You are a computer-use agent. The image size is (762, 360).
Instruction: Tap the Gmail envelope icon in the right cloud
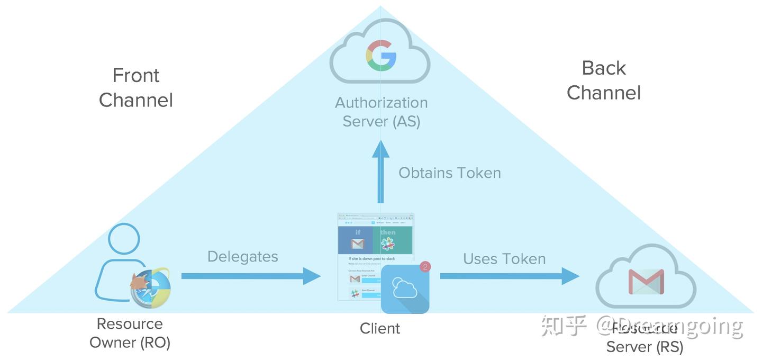[x=646, y=282]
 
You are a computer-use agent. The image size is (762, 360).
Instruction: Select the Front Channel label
[x=136, y=87]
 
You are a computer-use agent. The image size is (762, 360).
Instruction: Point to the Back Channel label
[x=604, y=80]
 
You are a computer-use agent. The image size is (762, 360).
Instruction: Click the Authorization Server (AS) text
[x=381, y=112]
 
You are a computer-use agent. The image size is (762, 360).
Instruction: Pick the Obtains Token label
[x=449, y=173]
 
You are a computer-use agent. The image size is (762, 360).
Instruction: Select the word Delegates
[x=242, y=257]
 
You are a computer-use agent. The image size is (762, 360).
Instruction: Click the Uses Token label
[x=504, y=259]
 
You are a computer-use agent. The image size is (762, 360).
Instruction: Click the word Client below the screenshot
[x=380, y=329]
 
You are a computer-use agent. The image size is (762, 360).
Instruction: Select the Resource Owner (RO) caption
[x=130, y=333]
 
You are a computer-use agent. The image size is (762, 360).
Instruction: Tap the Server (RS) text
[x=645, y=347]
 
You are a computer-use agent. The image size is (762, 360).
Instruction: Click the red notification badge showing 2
[x=425, y=266]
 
